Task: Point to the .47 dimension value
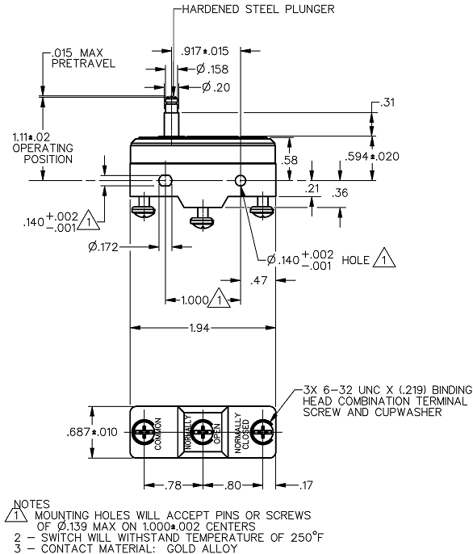(x=259, y=281)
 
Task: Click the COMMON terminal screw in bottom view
(x=144, y=433)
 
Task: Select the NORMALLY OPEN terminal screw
(x=203, y=433)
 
